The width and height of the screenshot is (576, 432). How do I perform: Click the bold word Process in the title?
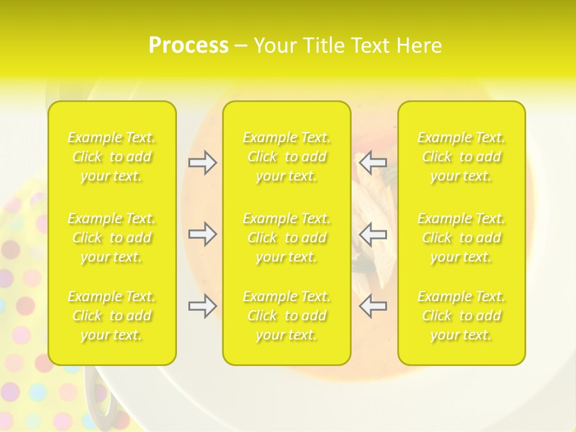(x=188, y=46)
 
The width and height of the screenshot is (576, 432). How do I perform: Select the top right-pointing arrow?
(x=202, y=163)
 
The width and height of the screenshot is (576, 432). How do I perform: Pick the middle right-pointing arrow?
(x=202, y=234)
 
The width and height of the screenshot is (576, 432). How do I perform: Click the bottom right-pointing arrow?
(x=202, y=306)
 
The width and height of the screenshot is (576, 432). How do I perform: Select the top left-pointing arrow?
(x=373, y=163)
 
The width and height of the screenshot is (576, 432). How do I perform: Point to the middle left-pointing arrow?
(x=373, y=234)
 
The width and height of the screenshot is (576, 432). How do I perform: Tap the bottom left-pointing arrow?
(x=373, y=306)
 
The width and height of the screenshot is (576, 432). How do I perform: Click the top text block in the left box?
(x=112, y=157)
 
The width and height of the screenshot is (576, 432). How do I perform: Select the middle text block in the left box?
(x=112, y=238)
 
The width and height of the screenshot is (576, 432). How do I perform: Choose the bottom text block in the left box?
(x=112, y=316)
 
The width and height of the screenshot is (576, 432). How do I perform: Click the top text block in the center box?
(x=287, y=157)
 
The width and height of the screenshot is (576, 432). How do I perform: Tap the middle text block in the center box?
(x=287, y=238)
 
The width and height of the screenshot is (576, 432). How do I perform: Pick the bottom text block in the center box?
(x=287, y=316)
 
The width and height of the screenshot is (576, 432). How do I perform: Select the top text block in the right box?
(x=461, y=157)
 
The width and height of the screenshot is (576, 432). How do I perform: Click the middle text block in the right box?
(x=461, y=238)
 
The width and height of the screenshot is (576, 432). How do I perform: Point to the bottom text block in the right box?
(x=461, y=316)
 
